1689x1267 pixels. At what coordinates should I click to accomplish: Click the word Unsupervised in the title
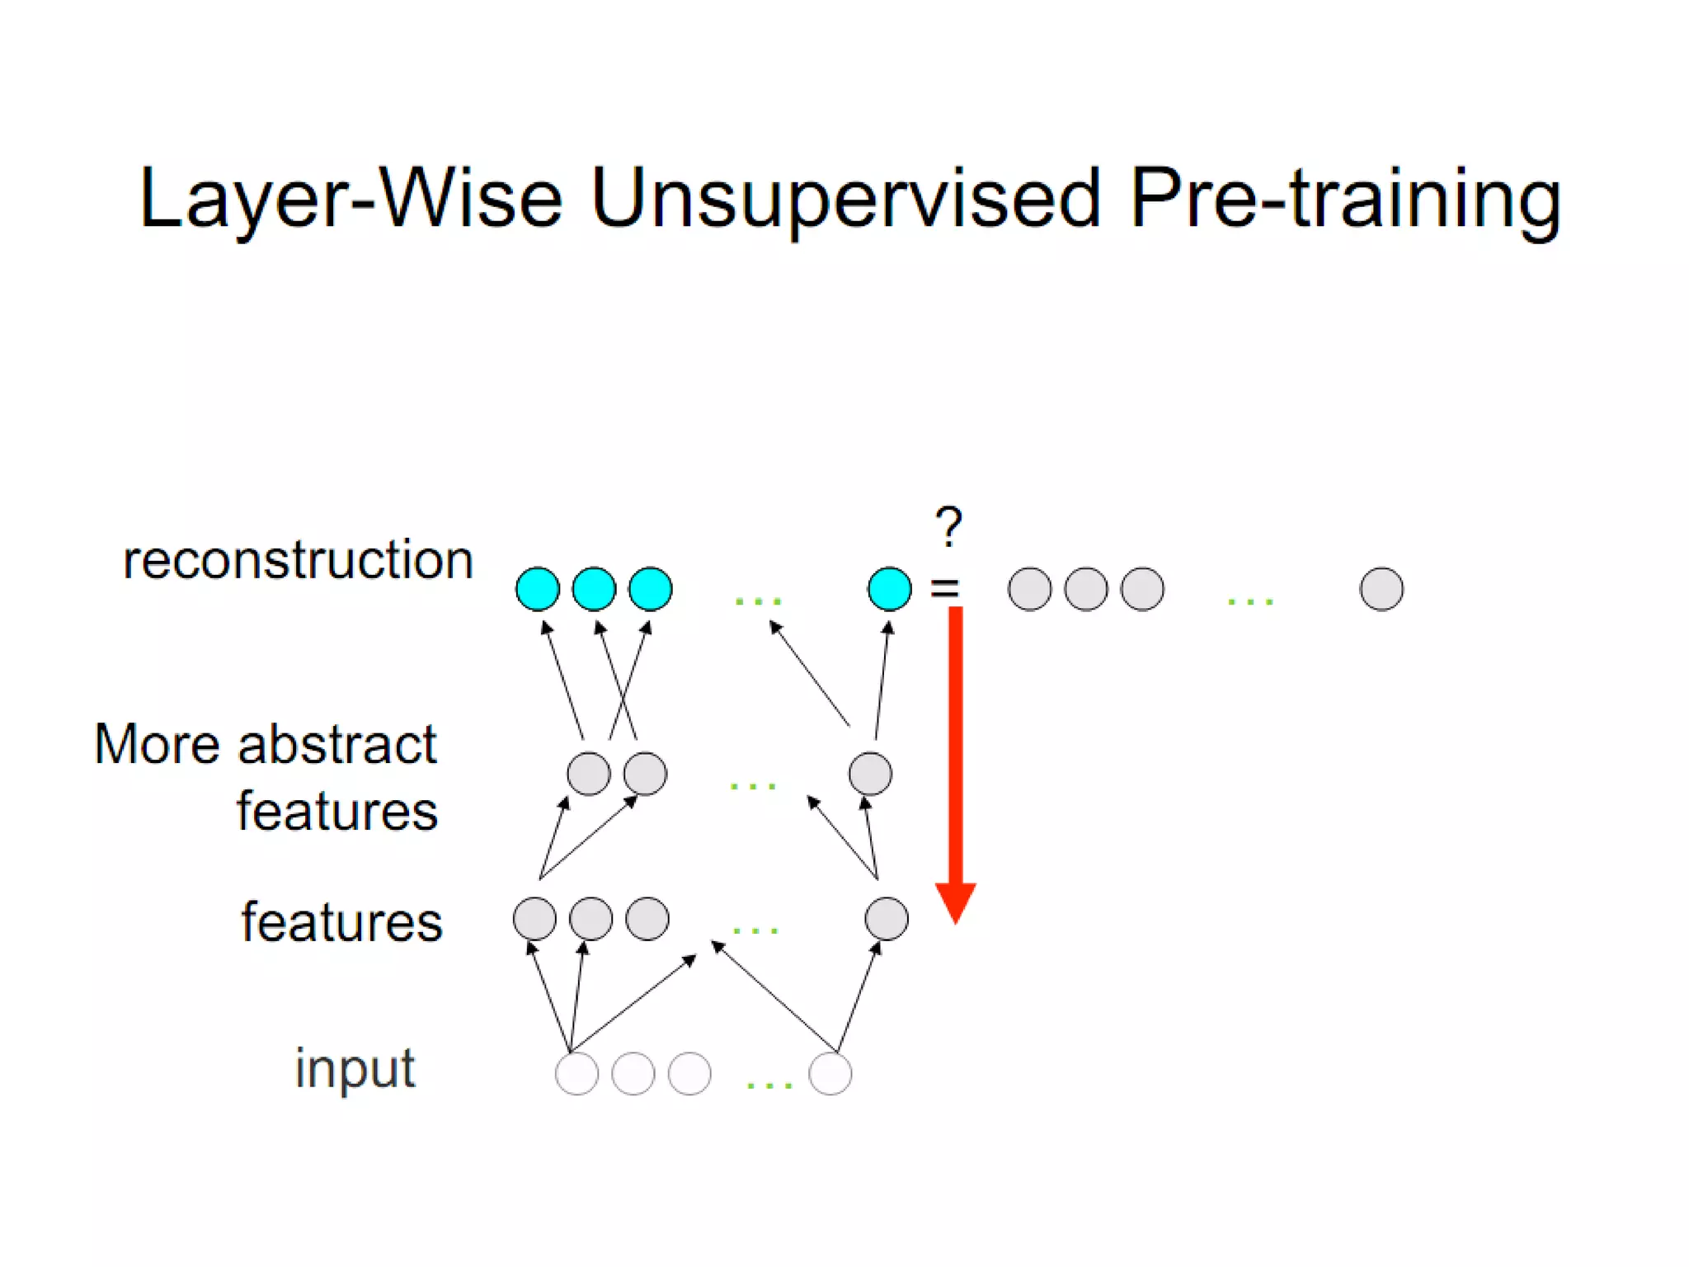coord(846,199)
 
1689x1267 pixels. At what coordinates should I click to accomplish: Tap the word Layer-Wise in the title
coord(351,199)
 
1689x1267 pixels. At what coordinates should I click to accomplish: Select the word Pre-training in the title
coord(1344,199)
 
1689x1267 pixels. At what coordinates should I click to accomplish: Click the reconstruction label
coord(299,560)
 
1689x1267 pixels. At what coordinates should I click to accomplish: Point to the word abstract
coord(337,744)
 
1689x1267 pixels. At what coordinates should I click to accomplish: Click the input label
coord(355,1070)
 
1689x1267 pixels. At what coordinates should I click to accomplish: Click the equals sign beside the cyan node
coord(945,588)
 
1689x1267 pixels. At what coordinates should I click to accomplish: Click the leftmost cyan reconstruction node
coord(538,589)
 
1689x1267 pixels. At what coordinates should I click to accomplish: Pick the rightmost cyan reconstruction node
coord(890,589)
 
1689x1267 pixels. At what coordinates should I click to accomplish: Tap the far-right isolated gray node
coord(1381,589)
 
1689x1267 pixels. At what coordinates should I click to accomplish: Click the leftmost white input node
coord(576,1073)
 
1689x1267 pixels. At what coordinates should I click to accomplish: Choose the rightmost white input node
coord(830,1073)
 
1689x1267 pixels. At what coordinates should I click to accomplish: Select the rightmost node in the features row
coord(887,919)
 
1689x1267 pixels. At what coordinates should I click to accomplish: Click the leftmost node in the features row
coord(534,919)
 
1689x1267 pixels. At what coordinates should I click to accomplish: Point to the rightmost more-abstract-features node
coord(870,774)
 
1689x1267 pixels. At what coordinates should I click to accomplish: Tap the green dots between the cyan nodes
coord(758,601)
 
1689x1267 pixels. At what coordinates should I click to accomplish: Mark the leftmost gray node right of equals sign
coord(1030,589)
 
